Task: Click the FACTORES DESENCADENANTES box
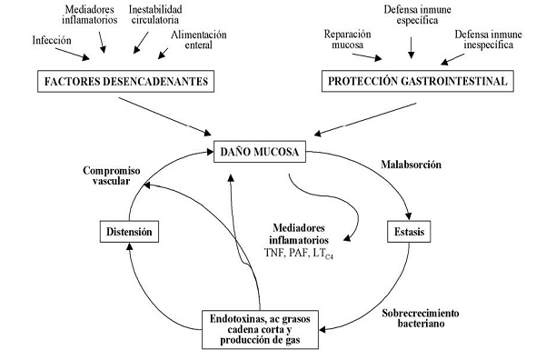(x=123, y=84)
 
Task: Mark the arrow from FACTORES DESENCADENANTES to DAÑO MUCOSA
(x=173, y=115)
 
